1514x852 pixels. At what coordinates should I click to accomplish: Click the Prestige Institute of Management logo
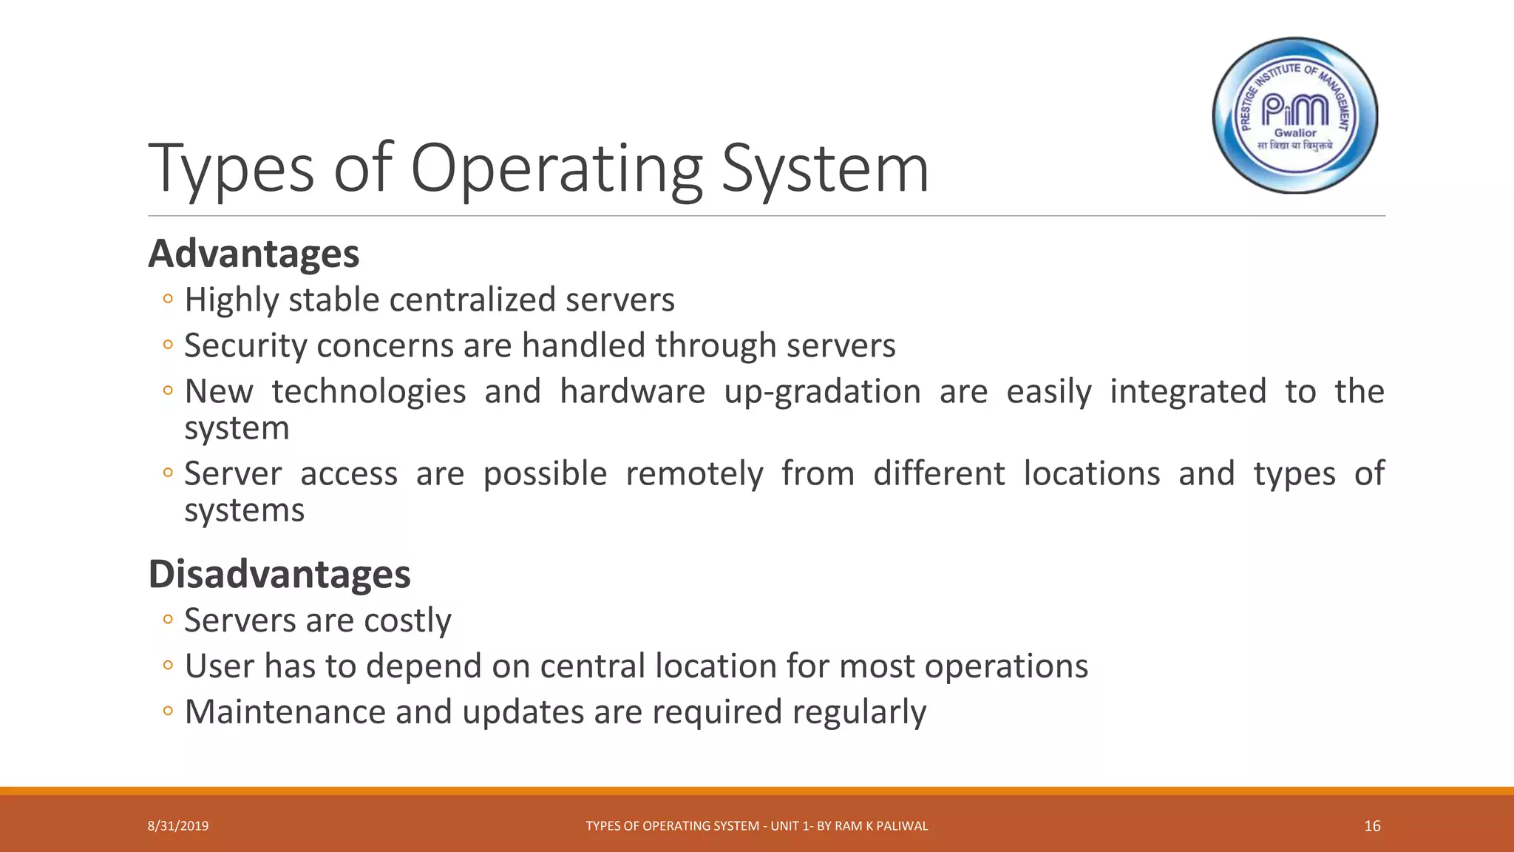pyautogui.click(x=1295, y=115)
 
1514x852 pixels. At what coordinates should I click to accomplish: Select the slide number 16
pyautogui.click(x=1372, y=826)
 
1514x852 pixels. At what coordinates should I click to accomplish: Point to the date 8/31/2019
pyautogui.click(x=178, y=826)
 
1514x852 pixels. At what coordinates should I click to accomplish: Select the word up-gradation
pyautogui.click(x=822, y=392)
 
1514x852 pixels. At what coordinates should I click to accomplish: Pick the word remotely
pyautogui.click(x=694, y=474)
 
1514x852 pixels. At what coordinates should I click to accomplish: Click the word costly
pyautogui.click(x=407, y=621)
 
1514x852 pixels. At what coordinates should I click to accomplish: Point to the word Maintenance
pyautogui.click(x=285, y=711)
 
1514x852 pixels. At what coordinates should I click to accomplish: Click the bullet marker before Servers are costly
pyautogui.click(x=168, y=620)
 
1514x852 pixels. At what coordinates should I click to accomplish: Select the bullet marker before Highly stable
pyautogui.click(x=168, y=300)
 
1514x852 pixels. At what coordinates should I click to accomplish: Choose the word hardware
pyautogui.click(x=632, y=391)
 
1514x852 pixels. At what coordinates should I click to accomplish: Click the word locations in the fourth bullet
pyautogui.click(x=1092, y=473)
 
